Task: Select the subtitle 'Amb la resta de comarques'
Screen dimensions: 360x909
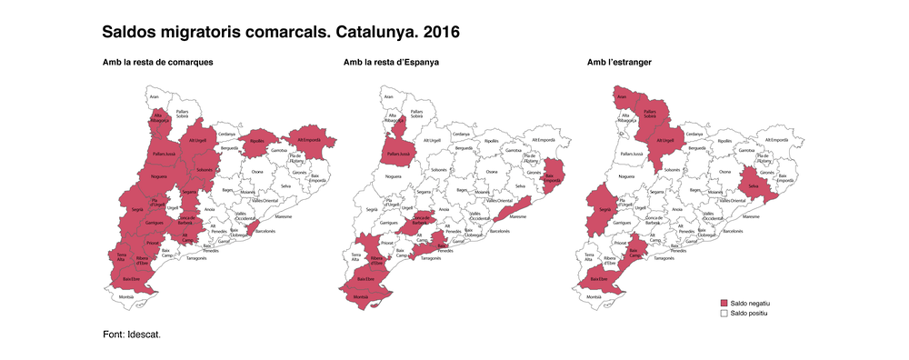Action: pyautogui.click(x=157, y=63)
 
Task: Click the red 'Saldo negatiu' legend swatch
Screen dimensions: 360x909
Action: pyautogui.click(x=724, y=302)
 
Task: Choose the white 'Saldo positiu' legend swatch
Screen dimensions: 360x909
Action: pyautogui.click(x=724, y=312)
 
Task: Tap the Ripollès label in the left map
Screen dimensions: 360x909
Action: pyautogui.click(x=257, y=141)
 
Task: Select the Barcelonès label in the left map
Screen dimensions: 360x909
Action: pyautogui.click(x=265, y=231)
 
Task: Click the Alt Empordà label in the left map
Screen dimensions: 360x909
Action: pyautogui.click(x=307, y=140)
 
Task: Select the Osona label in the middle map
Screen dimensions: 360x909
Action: pyautogui.click(x=491, y=172)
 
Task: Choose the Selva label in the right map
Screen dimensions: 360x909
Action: pyautogui.click(x=754, y=186)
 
